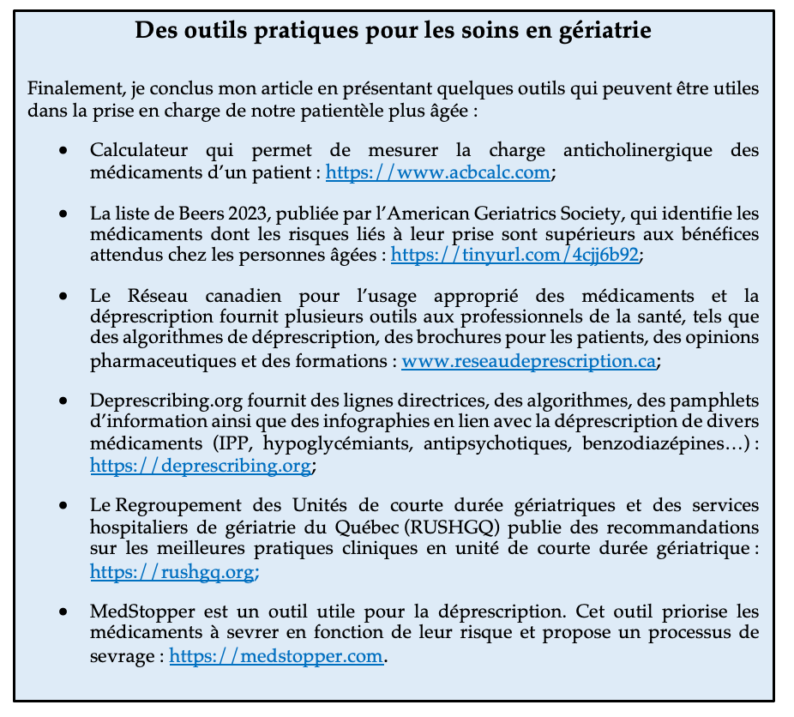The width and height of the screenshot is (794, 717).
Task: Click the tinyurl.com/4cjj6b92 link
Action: point(515,254)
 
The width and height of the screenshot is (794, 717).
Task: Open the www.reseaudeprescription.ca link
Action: point(529,361)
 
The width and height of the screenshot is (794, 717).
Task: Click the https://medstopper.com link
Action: point(276,656)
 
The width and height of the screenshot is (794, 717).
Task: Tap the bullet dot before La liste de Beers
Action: point(63,213)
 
